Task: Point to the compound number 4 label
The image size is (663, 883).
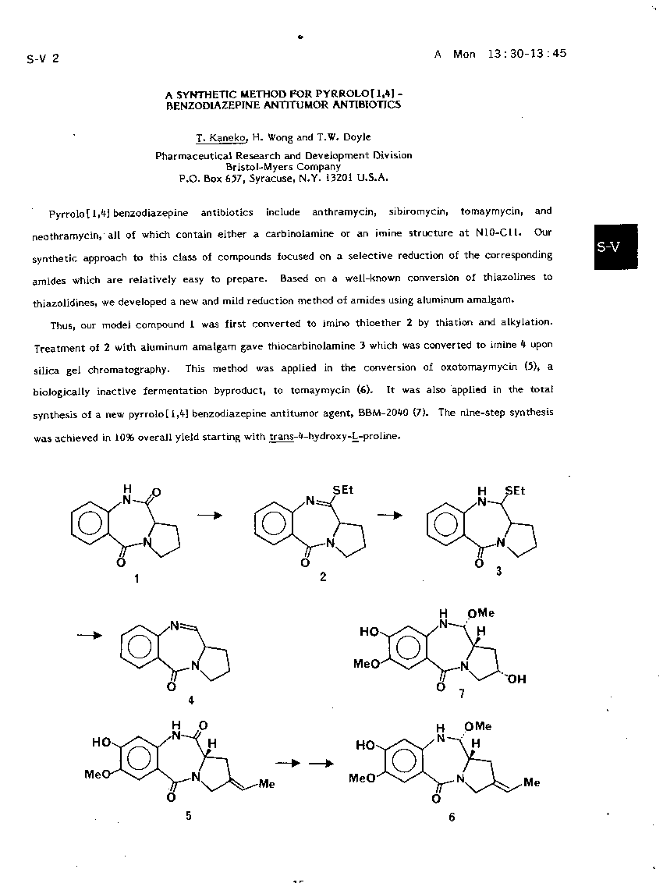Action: (191, 700)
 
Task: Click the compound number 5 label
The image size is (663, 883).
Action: (188, 815)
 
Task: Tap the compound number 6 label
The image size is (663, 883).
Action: (452, 817)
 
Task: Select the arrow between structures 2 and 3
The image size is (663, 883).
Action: (390, 514)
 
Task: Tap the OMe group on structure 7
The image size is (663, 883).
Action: (480, 614)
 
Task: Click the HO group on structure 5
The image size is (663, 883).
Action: (102, 743)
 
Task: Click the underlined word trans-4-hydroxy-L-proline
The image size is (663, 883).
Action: (335, 436)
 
